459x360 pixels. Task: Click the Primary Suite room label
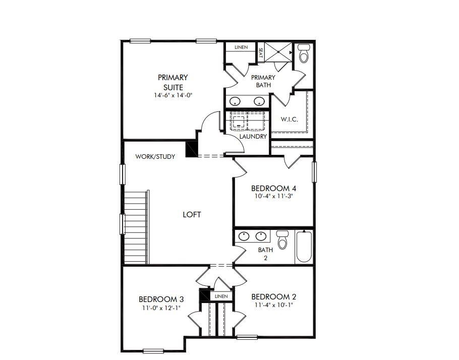coord(173,82)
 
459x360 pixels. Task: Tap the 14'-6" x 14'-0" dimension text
coord(173,95)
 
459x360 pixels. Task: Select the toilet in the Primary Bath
coord(304,53)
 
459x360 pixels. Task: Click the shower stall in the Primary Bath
coord(278,52)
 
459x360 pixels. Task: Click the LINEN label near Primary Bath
coord(241,47)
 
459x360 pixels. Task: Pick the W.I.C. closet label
coord(289,119)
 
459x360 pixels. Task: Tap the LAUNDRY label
coord(253,137)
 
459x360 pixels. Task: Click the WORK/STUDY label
coord(155,157)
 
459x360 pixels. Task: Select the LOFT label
coord(192,214)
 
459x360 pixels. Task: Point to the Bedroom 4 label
coord(274,188)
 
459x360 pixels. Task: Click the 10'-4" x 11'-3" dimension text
coord(274,197)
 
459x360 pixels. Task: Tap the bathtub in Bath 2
coord(304,247)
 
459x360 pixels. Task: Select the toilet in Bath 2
coord(282,239)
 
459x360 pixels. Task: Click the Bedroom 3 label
coord(161,299)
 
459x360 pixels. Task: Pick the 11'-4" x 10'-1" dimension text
coord(274,305)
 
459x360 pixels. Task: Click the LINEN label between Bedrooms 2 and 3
coord(221,296)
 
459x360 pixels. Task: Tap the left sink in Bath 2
coord(244,236)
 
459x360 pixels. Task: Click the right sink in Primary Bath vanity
coord(259,101)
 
